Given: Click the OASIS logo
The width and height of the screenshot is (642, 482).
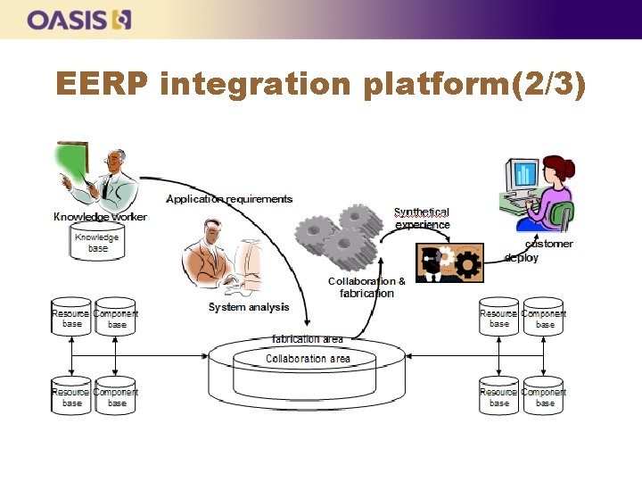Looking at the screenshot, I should point(79,20).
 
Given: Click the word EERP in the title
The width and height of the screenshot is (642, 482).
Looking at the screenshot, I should point(101,85).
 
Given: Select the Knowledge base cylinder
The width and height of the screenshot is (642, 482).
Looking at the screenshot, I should point(97,242).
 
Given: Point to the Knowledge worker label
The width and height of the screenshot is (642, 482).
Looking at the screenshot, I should point(100,217).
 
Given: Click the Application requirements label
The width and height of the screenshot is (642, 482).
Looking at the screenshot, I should point(229,199).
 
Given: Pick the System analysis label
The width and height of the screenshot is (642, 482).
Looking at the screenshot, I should point(249,307).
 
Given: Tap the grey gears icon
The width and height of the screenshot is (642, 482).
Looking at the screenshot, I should point(339,233).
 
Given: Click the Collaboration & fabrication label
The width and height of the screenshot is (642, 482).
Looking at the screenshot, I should point(366,287).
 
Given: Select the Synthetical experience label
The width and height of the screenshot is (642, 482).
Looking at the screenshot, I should point(422,219).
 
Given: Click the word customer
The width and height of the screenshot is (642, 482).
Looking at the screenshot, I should point(549,244).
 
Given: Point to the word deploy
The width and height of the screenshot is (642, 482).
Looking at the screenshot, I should point(521,258).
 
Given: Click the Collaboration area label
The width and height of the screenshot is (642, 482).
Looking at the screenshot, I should point(308,359).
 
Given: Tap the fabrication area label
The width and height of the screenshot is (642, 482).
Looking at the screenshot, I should point(307,339).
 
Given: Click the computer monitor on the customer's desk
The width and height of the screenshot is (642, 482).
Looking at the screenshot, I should point(523,177).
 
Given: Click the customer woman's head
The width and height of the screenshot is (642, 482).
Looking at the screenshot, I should point(559,167).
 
